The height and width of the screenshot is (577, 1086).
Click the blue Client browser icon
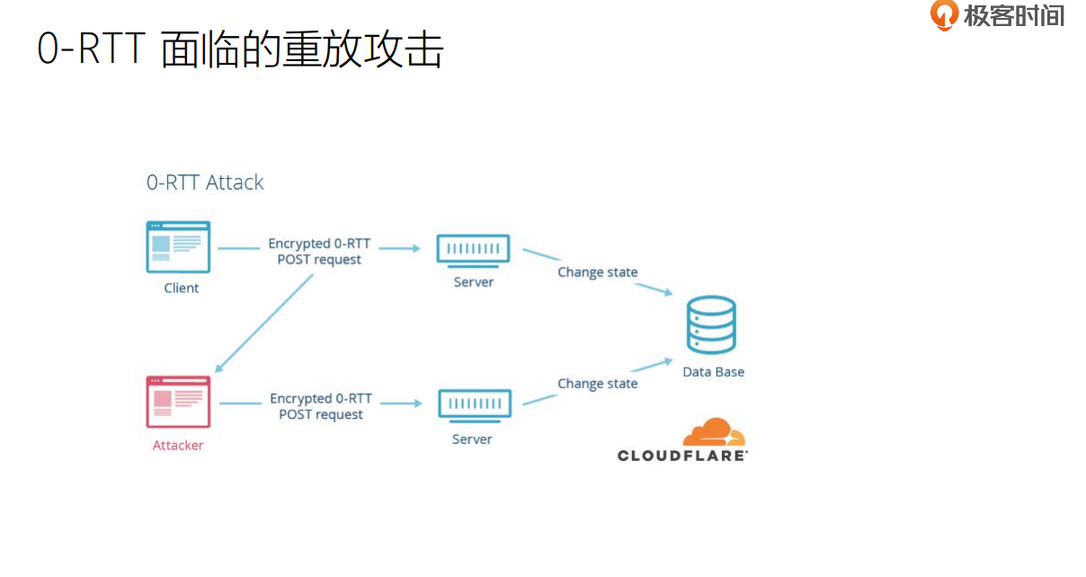[x=178, y=246]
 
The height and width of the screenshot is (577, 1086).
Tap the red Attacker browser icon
[x=178, y=402]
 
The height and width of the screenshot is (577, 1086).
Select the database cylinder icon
[x=710, y=324]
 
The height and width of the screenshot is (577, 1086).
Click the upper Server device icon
[x=473, y=249]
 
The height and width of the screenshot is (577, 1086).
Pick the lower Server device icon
[x=474, y=404]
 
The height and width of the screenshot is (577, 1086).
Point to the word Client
[x=182, y=288]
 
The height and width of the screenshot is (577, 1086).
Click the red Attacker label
[x=178, y=446]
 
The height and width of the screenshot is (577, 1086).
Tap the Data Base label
[x=713, y=372]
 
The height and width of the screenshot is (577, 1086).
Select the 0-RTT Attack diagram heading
[x=205, y=182]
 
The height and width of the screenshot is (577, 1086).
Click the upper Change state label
[x=597, y=272]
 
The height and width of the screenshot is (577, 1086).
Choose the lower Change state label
[x=597, y=384]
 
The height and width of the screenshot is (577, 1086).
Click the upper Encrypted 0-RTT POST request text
[x=319, y=252]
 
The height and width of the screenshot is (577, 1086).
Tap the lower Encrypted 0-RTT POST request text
[x=321, y=406]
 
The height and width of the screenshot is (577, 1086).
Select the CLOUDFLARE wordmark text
[x=682, y=456]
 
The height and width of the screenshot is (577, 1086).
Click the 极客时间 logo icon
[x=944, y=15]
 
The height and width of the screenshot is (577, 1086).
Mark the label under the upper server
[x=473, y=282]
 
